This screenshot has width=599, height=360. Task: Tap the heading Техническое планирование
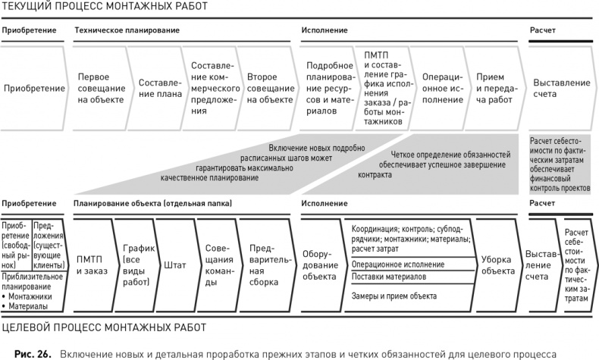tap(127, 30)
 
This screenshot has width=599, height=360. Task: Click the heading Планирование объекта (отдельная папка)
tap(152, 204)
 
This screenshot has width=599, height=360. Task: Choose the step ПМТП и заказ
tap(93, 265)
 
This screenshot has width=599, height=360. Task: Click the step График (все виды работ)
tap(137, 265)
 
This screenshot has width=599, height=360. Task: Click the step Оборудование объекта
tap(318, 265)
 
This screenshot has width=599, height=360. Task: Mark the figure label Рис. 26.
tap(33, 352)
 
